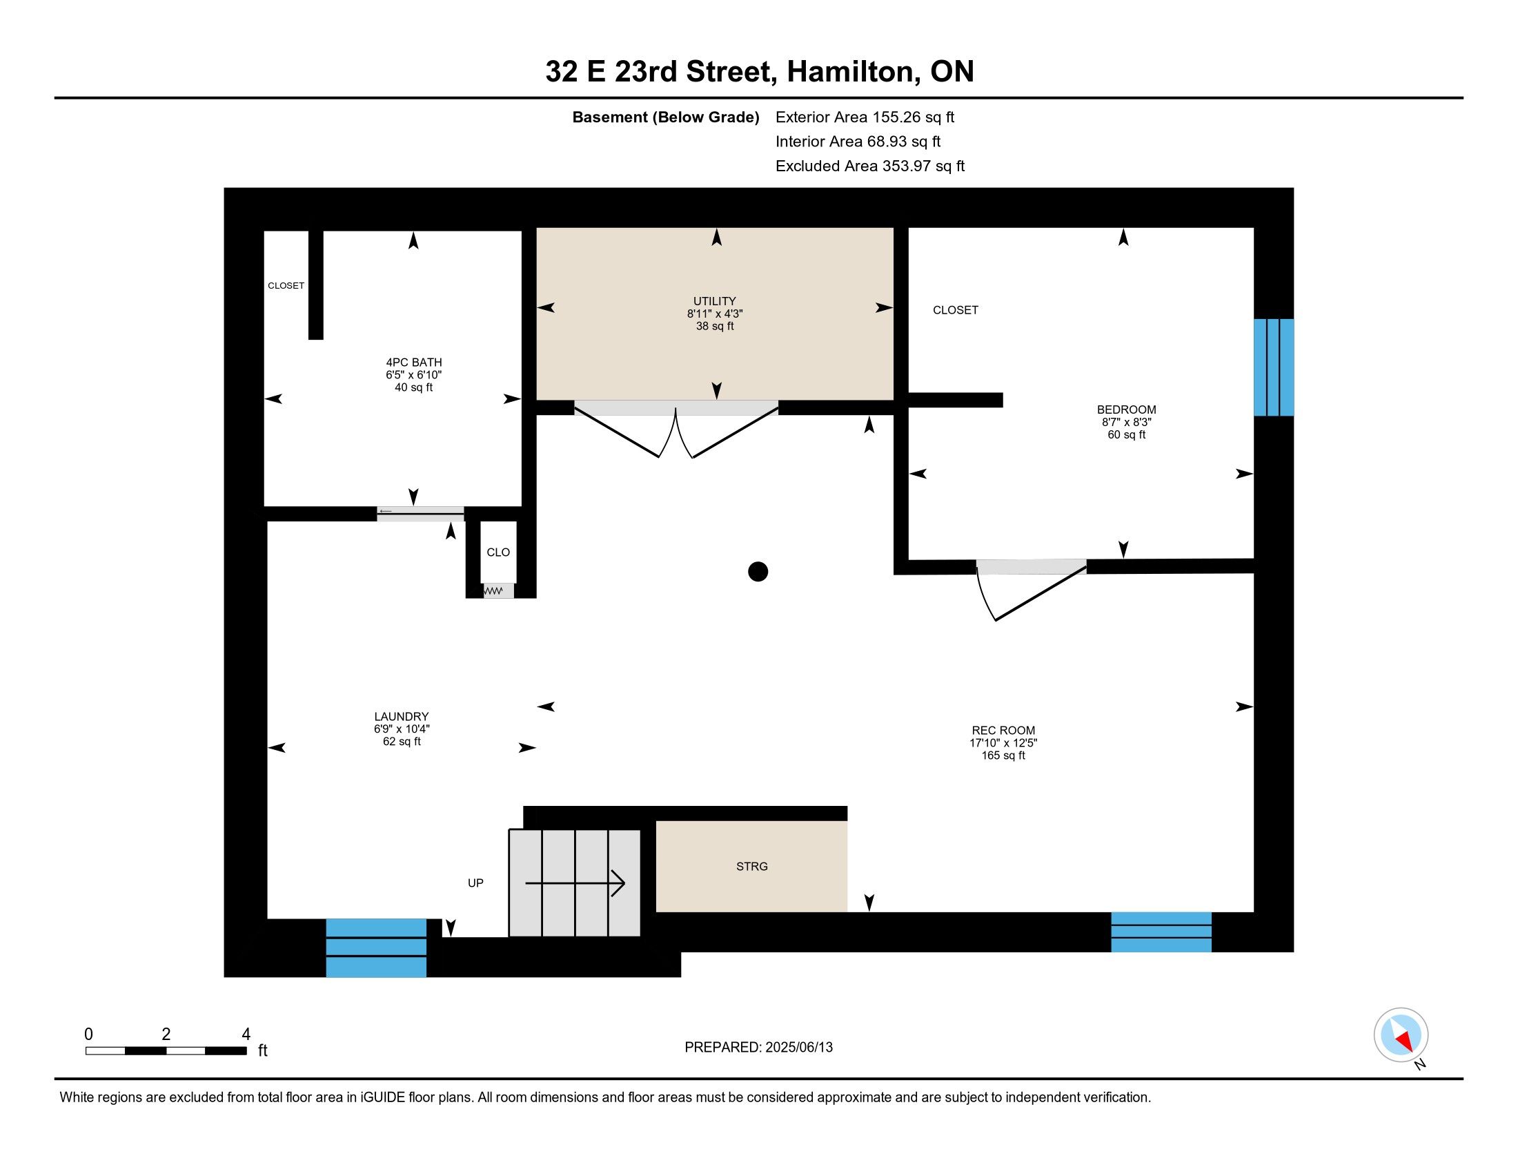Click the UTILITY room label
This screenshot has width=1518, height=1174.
tap(715, 301)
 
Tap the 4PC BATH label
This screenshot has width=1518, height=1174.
tap(413, 363)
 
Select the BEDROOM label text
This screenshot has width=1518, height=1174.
tap(1126, 410)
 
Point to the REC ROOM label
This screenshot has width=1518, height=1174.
tap(1003, 730)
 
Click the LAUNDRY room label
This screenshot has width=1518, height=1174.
tap(401, 716)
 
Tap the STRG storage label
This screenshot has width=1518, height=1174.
tap(752, 867)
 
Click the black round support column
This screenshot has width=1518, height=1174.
tap(758, 572)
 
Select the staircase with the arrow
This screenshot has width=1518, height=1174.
tap(575, 883)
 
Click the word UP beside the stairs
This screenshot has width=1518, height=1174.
tap(475, 883)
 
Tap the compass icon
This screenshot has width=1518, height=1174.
tap(1401, 1035)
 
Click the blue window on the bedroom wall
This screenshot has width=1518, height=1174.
tap(1273, 367)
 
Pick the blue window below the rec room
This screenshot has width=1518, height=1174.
tap(1161, 932)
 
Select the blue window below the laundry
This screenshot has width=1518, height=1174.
tap(376, 948)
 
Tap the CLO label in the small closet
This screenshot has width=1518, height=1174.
tap(497, 552)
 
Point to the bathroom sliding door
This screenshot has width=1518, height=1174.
tap(420, 514)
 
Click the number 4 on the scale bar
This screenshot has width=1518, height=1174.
tap(246, 1035)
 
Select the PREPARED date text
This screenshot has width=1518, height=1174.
tap(758, 1048)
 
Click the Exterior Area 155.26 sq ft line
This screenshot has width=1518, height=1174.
tap(865, 117)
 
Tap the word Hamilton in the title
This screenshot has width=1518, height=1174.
tap(851, 72)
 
